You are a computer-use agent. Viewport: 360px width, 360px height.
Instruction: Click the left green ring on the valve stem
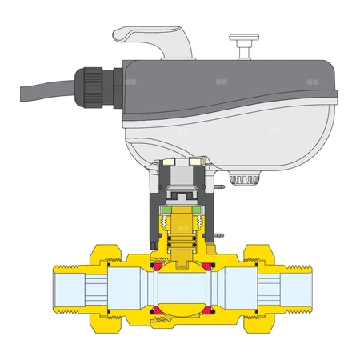pos(166,212)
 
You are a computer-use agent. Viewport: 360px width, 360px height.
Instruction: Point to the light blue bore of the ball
pos(183,288)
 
